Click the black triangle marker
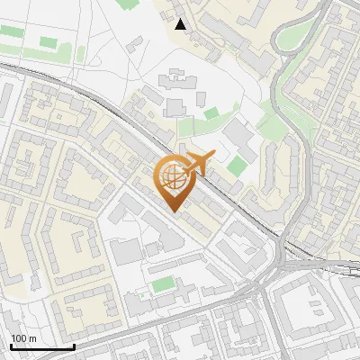181,24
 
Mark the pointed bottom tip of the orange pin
173,211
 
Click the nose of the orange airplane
209,156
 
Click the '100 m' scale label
23,337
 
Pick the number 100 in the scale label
19,337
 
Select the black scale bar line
41,346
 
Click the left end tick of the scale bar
10,346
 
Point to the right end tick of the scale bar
74,346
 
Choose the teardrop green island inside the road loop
291,37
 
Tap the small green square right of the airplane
237,166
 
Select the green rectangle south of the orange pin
163,284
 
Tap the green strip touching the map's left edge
9,31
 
